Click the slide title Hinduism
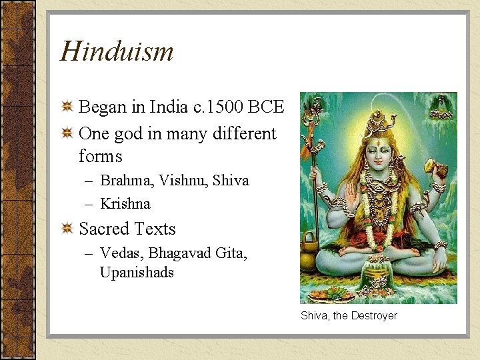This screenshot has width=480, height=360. (x=117, y=51)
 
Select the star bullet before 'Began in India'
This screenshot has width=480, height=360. (x=67, y=107)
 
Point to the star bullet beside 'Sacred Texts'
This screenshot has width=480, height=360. (x=67, y=229)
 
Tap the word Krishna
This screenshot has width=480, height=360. (x=125, y=203)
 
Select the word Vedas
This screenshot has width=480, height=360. (x=121, y=253)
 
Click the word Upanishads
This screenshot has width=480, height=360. (x=137, y=272)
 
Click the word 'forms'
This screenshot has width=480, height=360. (x=101, y=156)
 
